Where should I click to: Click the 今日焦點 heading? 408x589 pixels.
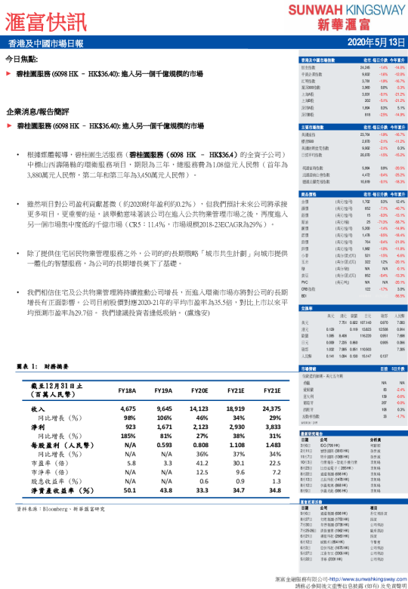23,59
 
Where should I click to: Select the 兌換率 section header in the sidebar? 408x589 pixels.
307,308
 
